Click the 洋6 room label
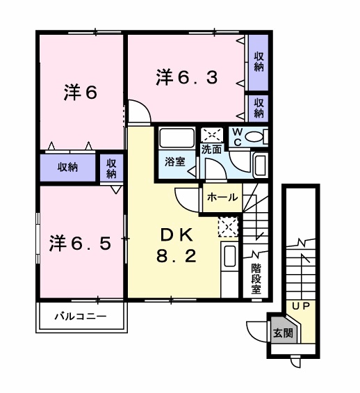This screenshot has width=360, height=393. click(x=81, y=93)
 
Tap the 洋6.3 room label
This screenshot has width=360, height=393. click(x=187, y=77)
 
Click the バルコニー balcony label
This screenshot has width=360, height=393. click(x=81, y=317)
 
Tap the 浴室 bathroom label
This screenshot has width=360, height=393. click(x=174, y=161)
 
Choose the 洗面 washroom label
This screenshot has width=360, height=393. click(x=211, y=149)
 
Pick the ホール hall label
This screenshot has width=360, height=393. click(x=222, y=198)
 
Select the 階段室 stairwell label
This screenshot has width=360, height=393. click(x=256, y=278)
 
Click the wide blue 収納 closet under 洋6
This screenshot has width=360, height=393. click(x=67, y=167)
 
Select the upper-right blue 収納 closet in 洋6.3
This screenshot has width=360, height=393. click(x=259, y=62)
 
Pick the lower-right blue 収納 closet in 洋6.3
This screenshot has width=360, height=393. click(x=259, y=108)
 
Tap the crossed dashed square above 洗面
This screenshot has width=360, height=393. click(x=211, y=134)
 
